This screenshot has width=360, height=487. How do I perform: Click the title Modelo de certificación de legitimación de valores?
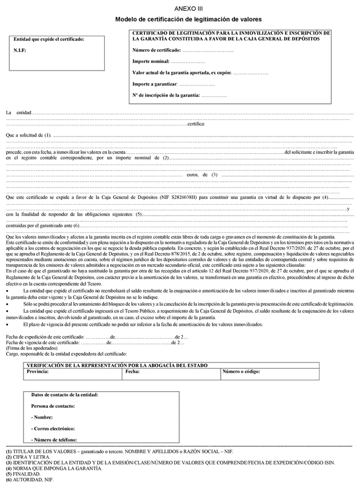pyautogui.click(x=188, y=19)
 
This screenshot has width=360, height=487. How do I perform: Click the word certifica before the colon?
pyautogui.click(x=196, y=124)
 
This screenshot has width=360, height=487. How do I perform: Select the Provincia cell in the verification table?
pyautogui.click(x=37, y=372)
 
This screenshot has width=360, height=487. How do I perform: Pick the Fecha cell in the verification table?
pyautogui.click(x=132, y=372)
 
